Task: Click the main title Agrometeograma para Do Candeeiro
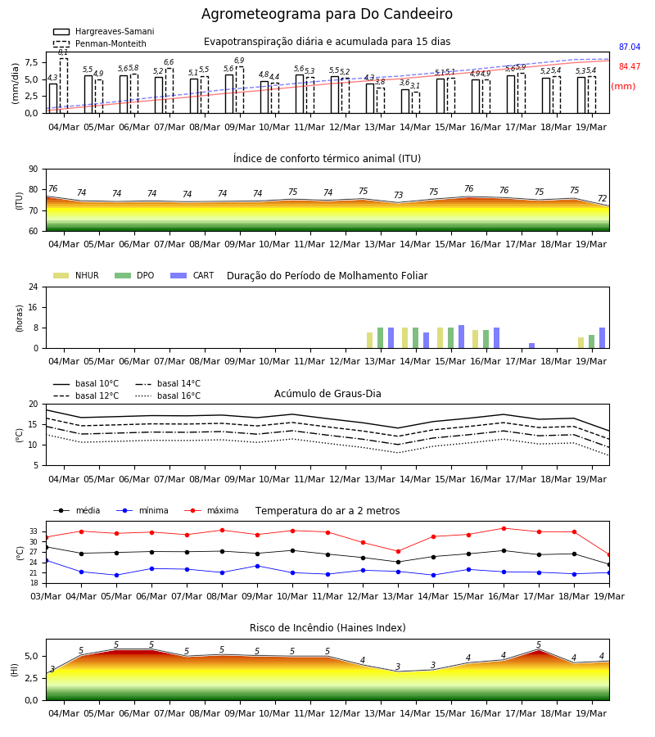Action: [327, 14]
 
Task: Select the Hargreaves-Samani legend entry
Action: [103, 31]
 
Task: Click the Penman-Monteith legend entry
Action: [100, 43]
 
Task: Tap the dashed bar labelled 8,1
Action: [63, 85]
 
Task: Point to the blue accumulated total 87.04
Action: [630, 47]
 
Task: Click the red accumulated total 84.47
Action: [630, 67]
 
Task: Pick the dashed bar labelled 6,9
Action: [240, 90]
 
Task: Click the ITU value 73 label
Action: [399, 195]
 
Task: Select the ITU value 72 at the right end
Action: [603, 199]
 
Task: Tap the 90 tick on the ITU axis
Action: [34, 170]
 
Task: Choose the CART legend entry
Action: [192, 275]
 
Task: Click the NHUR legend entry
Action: [76, 275]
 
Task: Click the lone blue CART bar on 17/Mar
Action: [532, 346]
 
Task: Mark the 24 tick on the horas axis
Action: [34, 287]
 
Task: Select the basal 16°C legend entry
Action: [168, 396]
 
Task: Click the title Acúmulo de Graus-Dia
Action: [327, 393]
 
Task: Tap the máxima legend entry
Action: [211, 510]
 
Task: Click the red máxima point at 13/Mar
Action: [399, 551]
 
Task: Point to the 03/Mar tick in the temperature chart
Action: [46, 596]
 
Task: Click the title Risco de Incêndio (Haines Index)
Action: [327, 627]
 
